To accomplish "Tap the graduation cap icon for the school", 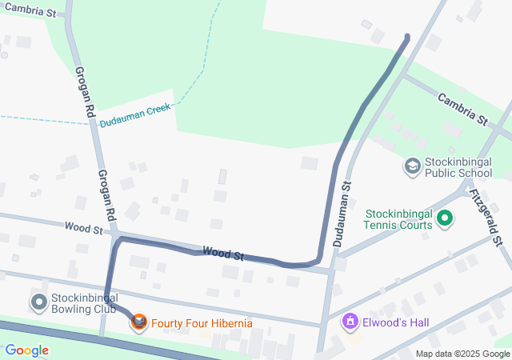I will (413, 166).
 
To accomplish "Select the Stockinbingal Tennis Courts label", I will (398, 219).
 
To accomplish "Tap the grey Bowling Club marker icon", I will (38, 302).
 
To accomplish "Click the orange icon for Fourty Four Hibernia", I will (140, 322).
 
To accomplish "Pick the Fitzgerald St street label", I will (486, 216).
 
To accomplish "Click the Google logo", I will (27, 350).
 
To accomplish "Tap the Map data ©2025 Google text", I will (462, 354).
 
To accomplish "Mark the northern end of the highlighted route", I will (407, 37).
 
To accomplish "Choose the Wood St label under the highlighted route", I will (222, 253).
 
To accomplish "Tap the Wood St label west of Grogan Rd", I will (84, 230).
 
